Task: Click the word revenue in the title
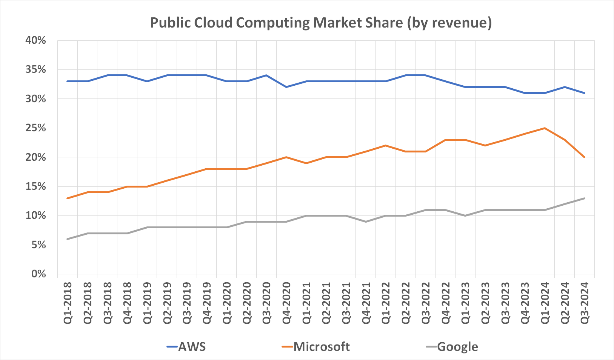click(459, 23)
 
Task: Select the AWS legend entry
click(186, 347)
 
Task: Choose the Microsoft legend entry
click(316, 347)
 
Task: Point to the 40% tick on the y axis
click(35, 40)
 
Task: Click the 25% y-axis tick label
click(35, 128)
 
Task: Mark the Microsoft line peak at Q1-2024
click(545, 128)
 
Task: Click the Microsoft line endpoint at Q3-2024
click(585, 157)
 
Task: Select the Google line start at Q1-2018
click(68, 239)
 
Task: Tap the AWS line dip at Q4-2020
click(286, 87)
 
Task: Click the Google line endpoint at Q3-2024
click(585, 198)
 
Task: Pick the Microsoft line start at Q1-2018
click(68, 198)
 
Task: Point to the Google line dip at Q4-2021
click(366, 222)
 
